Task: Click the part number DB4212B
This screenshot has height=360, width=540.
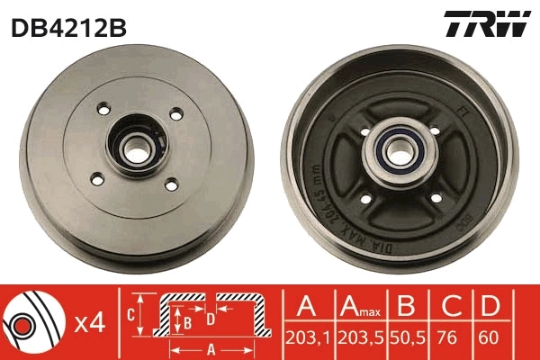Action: coord(67,27)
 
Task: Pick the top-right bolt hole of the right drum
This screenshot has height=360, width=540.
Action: coord(435,131)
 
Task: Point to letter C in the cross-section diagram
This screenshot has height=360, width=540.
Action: coord(131,313)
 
